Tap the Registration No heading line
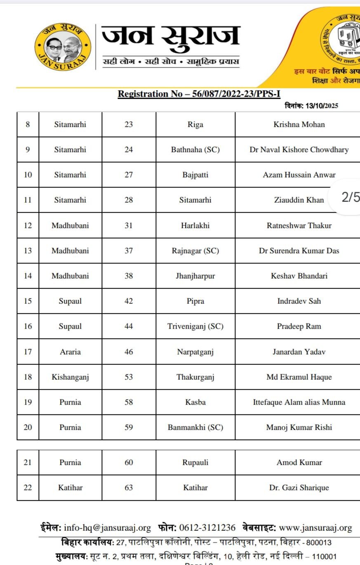click(199, 94)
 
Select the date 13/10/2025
click(322, 106)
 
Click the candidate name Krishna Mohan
click(299, 124)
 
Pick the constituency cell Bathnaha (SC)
click(195, 149)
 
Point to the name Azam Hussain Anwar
click(299, 175)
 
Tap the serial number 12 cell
click(28, 225)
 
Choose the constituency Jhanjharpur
click(195, 276)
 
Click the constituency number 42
click(129, 301)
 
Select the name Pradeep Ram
click(299, 326)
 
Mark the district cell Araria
click(70, 352)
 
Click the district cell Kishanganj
click(70, 377)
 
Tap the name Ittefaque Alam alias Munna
click(299, 402)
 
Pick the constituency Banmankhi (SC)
click(195, 427)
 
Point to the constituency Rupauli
click(195, 462)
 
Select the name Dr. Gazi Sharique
click(299, 487)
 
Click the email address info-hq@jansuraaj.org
click(107, 527)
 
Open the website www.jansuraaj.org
click(315, 527)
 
